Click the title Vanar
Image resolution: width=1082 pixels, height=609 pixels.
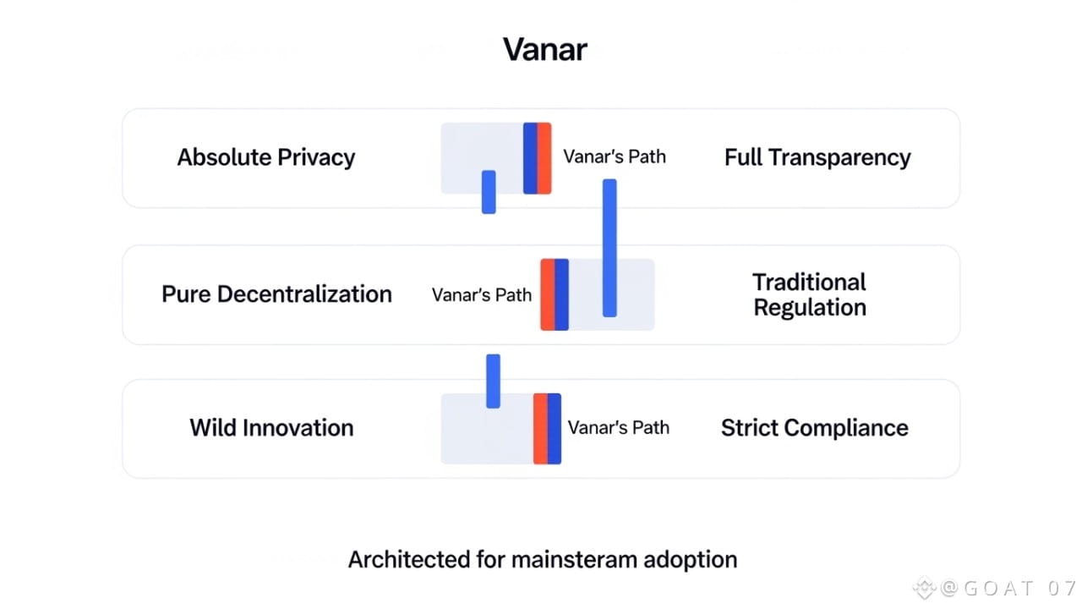click(x=545, y=49)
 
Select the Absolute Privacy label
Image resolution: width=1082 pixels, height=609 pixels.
click(x=265, y=157)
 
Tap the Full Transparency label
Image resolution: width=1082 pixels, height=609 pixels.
click(x=817, y=157)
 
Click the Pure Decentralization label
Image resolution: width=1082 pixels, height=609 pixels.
click(x=276, y=294)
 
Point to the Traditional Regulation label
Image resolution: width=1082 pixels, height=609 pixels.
click(x=810, y=294)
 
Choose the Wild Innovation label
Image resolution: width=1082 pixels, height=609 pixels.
click(x=271, y=427)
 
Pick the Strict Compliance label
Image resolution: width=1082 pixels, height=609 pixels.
click(x=814, y=427)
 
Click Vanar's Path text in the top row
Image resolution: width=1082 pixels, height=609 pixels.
click(x=615, y=156)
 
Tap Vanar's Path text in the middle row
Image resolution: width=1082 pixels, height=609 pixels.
click(x=482, y=295)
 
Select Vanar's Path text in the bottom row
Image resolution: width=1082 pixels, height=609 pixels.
click(x=618, y=427)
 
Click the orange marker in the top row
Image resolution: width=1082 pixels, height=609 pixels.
click(x=544, y=158)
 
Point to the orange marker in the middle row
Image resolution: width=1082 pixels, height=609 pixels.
click(x=548, y=294)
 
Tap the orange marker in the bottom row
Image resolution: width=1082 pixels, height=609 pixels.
click(x=540, y=428)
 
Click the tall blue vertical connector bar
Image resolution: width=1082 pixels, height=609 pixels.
click(x=609, y=247)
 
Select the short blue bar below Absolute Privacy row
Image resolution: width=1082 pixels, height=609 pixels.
click(x=489, y=192)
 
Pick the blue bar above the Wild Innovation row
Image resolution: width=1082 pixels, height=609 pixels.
click(x=494, y=381)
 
